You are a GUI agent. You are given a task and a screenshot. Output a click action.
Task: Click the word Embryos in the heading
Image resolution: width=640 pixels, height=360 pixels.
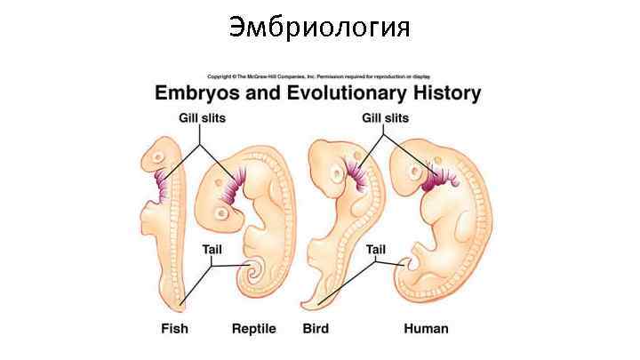click(197, 92)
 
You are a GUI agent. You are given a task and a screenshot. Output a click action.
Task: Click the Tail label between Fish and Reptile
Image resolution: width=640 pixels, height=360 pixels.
click(212, 249)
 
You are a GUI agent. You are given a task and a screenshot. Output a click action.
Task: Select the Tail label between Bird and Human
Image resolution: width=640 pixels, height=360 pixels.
click(375, 249)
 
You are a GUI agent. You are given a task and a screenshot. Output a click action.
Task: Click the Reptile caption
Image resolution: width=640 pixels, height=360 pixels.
click(253, 328)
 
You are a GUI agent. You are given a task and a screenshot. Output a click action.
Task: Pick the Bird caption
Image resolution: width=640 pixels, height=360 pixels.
click(316, 328)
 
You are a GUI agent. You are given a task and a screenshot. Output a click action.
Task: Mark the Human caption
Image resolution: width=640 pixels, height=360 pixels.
click(426, 328)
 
